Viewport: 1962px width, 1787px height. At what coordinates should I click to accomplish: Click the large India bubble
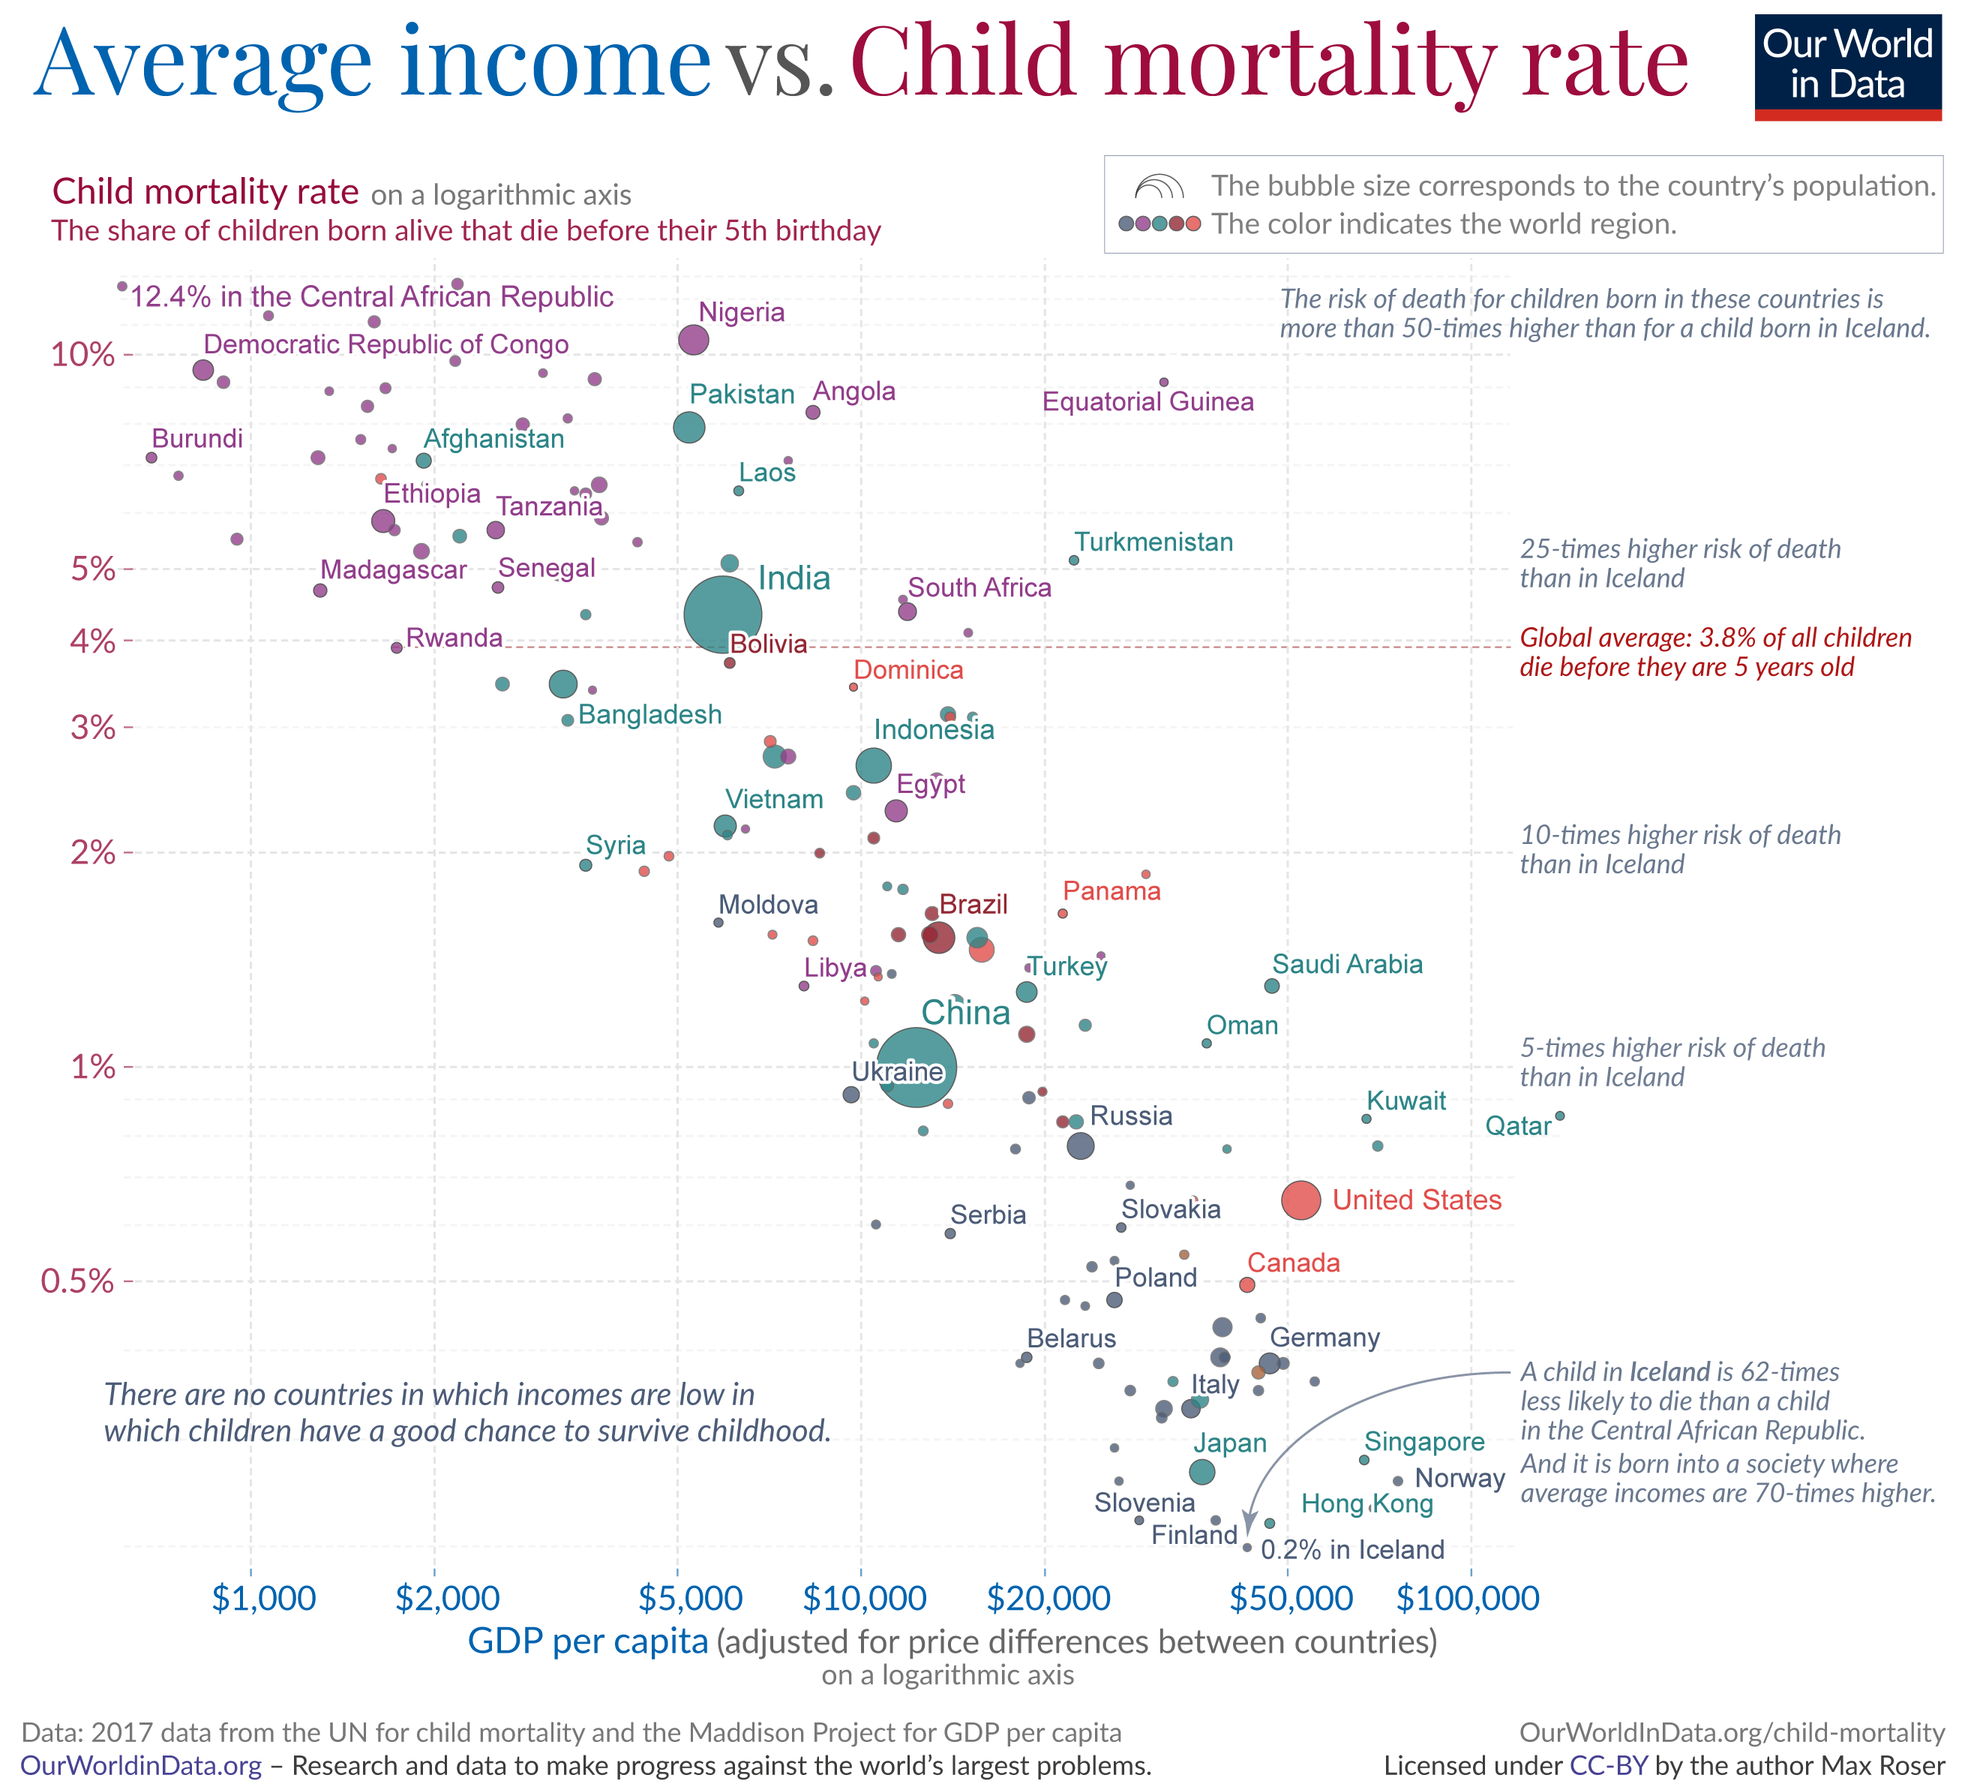722,614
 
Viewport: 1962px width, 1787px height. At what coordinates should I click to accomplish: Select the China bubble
916,1067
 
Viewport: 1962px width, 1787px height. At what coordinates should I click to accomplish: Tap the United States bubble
1301,1200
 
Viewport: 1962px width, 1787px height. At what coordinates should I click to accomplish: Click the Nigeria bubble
693,340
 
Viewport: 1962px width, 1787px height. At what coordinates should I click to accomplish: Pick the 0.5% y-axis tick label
77,1281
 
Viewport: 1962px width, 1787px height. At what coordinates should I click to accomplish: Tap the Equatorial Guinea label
1147,402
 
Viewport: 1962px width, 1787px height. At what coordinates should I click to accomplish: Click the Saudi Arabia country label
1347,965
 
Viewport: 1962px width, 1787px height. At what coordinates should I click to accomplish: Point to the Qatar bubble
1560,1116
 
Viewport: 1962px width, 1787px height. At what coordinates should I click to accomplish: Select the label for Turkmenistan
1153,542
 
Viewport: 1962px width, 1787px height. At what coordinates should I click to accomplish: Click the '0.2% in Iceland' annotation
1353,1549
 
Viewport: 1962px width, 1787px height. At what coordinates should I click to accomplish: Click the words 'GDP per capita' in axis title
588,1641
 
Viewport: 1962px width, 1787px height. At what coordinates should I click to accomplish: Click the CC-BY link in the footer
1608,1765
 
